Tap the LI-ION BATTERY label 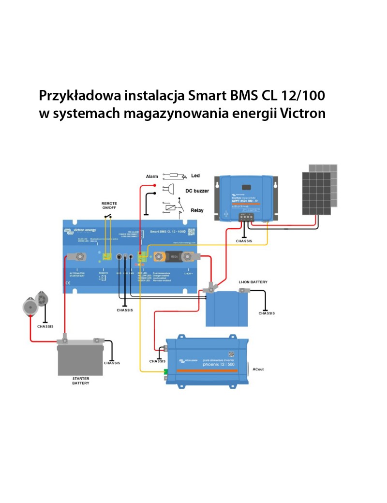253,281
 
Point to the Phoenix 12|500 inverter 207,360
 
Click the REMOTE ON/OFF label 109,206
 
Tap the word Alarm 152,177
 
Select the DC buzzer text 197,191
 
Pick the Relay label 197,211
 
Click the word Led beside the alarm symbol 195,176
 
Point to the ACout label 258,370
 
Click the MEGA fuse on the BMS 173,254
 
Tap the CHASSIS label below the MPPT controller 244,241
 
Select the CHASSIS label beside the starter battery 112,363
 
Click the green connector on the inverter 165,372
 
